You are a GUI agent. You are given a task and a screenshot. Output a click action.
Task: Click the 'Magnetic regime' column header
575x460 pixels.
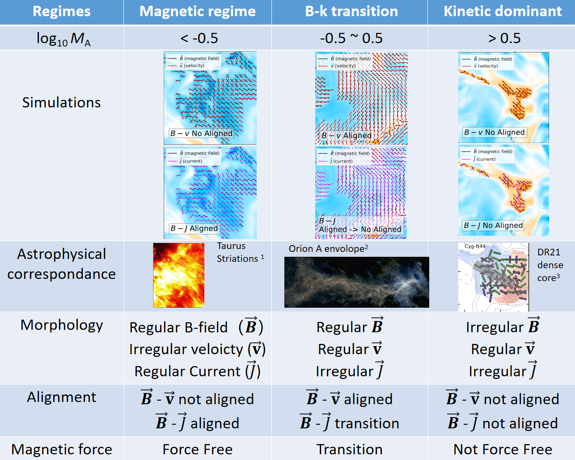point(198,12)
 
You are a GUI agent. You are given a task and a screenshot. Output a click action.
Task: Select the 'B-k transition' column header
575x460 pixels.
point(351,12)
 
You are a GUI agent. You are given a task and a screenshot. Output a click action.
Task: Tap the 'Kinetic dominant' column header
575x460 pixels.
point(503,12)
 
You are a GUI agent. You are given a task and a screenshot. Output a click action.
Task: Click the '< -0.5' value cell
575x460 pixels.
point(199,38)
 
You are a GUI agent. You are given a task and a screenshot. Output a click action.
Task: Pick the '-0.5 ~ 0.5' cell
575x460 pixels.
point(351,38)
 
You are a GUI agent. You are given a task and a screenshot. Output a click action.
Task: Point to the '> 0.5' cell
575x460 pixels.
point(504,38)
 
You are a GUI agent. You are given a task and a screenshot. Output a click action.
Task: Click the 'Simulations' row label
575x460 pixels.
point(61,103)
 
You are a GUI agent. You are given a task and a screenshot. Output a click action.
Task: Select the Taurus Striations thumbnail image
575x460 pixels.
point(179,275)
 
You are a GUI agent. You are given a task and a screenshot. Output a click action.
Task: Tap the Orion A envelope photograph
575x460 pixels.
point(357,282)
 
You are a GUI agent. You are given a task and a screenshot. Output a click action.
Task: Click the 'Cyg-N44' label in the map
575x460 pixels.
point(475,246)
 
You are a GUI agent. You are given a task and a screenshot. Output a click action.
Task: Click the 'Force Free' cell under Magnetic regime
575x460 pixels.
point(198,449)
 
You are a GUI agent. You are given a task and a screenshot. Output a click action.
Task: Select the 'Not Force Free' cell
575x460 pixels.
point(503,449)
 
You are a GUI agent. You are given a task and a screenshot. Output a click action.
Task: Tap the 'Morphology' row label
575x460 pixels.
point(61,326)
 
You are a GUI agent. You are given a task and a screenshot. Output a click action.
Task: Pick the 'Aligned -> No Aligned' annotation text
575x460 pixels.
point(360,230)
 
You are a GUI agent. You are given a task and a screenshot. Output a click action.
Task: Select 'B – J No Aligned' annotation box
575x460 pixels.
point(493,226)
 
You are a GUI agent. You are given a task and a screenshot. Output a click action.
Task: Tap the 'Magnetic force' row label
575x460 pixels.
point(61,449)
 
